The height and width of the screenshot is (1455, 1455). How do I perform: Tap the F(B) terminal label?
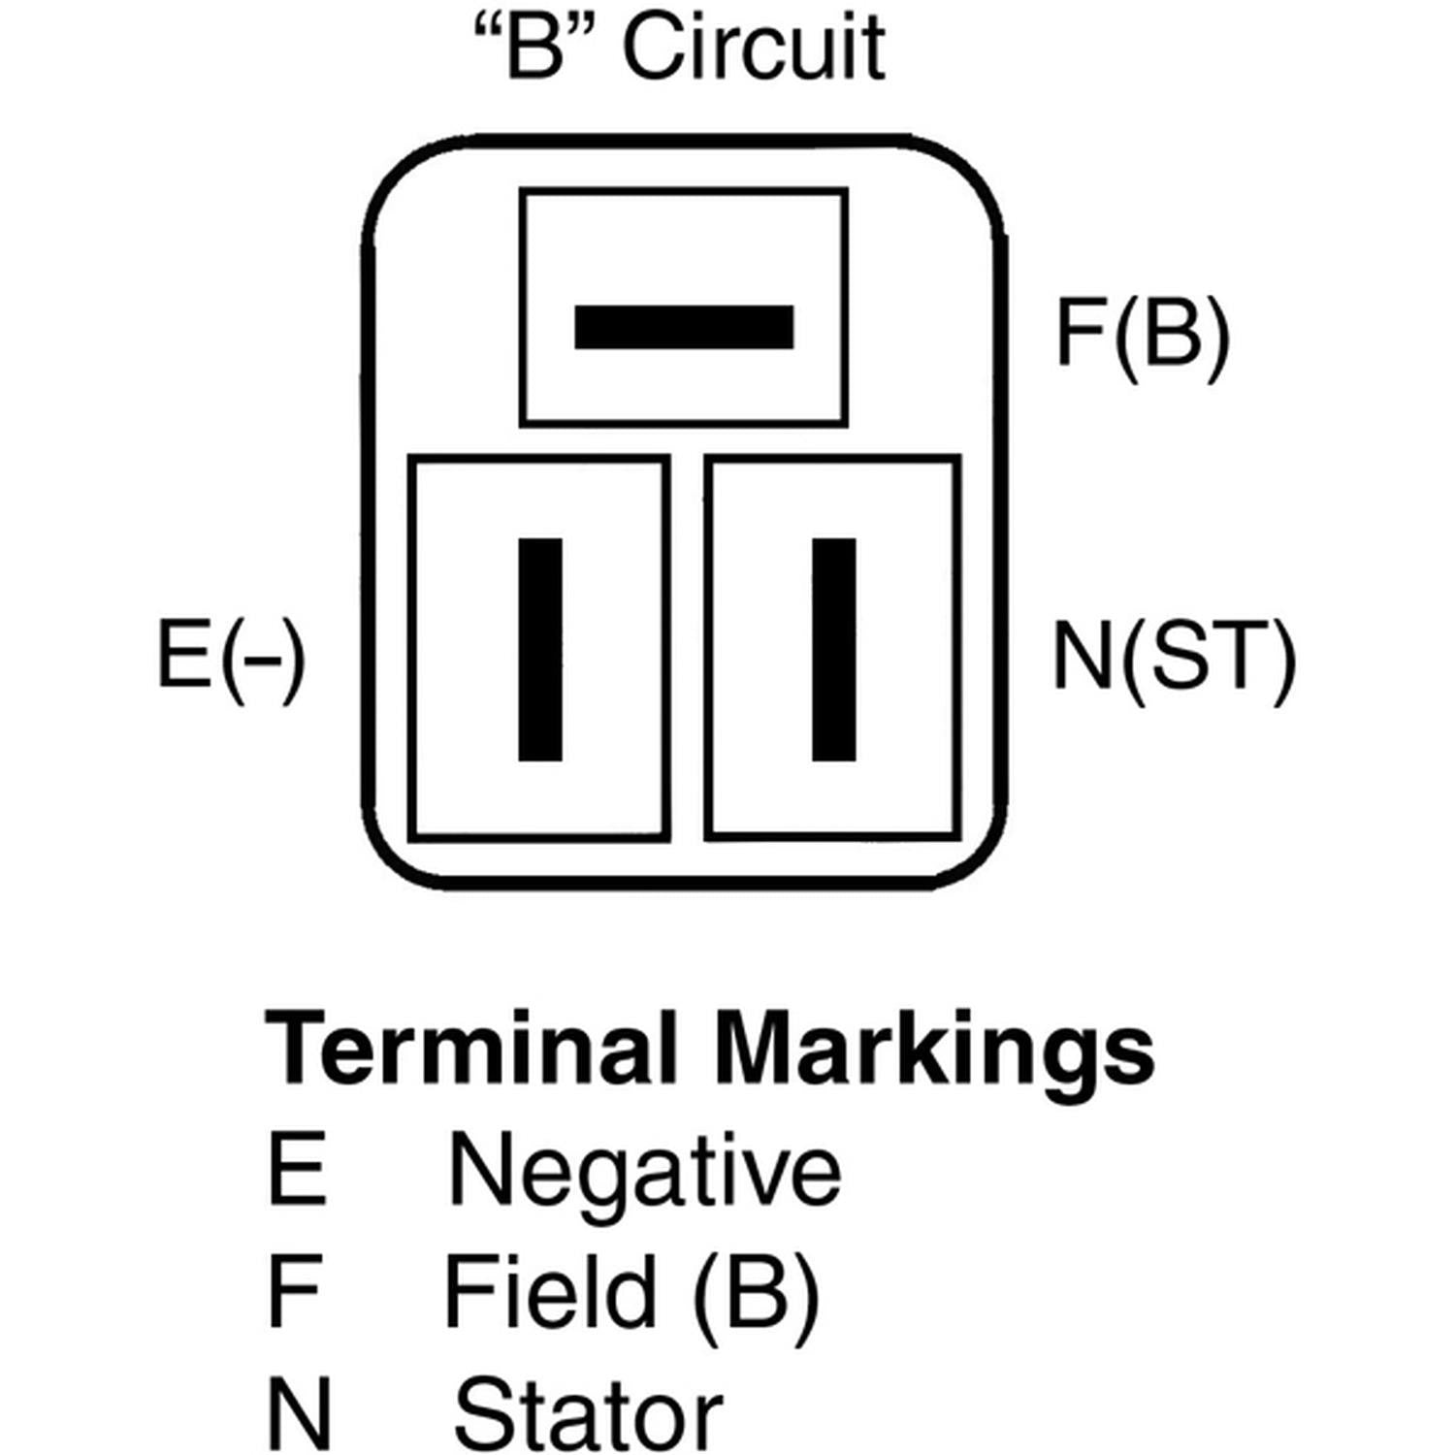1142,332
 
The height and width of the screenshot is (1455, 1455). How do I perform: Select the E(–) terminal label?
231,657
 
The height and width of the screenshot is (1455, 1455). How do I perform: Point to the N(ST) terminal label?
1174,657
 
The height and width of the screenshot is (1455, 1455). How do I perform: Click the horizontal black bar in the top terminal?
684,327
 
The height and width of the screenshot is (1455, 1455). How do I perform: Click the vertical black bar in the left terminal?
540,649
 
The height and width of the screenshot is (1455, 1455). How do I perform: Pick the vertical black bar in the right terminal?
833,649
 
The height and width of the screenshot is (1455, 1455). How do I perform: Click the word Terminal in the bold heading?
470,1049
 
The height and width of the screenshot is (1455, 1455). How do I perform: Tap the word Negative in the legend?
644,1172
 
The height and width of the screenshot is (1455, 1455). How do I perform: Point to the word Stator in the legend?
588,1413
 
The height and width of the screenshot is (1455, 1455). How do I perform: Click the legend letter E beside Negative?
296,1170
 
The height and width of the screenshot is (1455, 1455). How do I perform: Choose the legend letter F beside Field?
293,1291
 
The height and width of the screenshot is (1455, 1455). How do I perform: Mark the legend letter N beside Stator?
299,1413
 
